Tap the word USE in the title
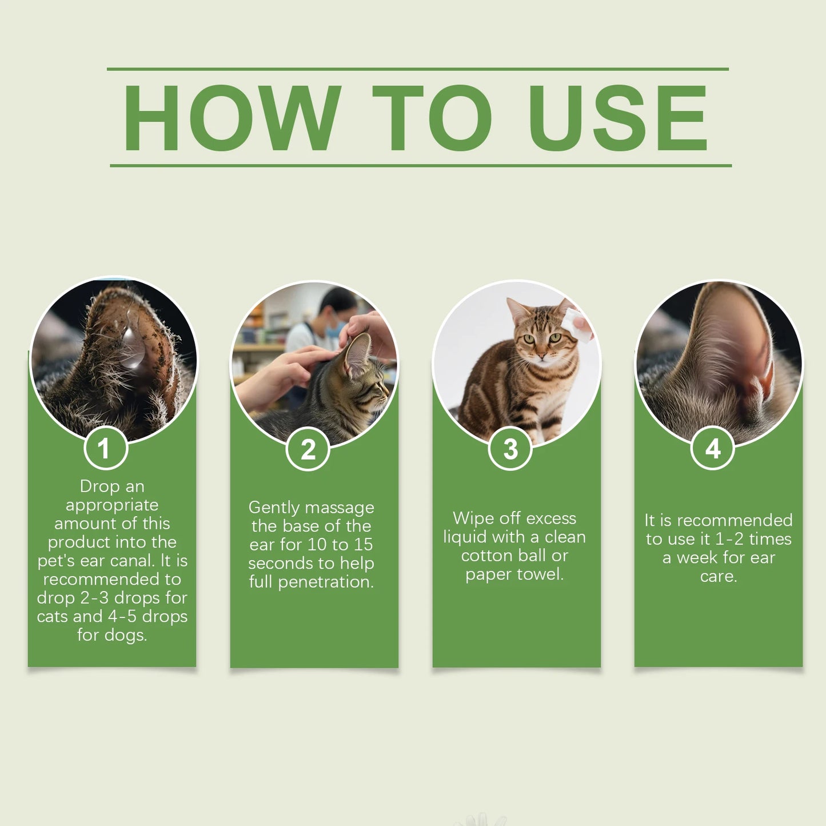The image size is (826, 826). pyautogui.click(x=618, y=118)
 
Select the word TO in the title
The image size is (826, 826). pyautogui.click(x=432, y=118)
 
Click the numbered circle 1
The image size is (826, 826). pyautogui.click(x=105, y=449)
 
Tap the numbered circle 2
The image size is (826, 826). pyautogui.click(x=308, y=449)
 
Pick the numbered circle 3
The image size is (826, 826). pyautogui.click(x=510, y=449)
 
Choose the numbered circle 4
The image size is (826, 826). pyautogui.click(x=712, y=449)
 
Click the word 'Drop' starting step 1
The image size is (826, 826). pyautogui.click(x=99, y=486)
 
